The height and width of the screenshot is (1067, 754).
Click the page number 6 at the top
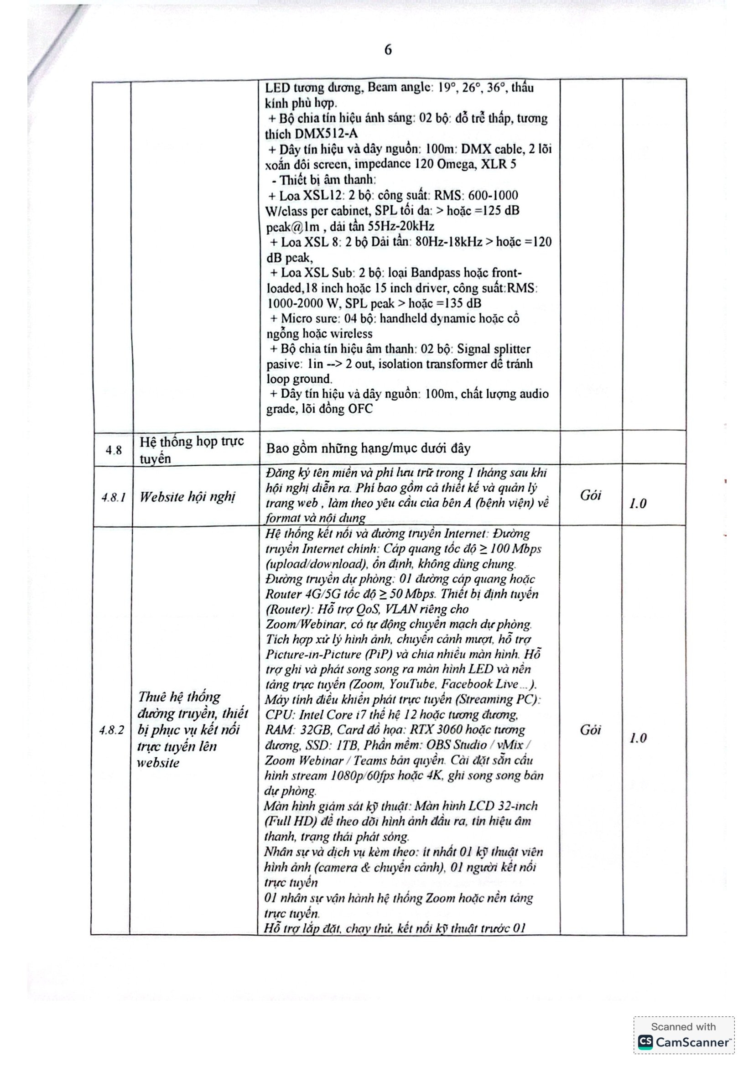coord(388,50)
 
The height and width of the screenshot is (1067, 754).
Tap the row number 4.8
coord(114,450)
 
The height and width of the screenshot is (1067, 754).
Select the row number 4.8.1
coord(114,497)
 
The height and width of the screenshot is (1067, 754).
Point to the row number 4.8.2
coord(111,730)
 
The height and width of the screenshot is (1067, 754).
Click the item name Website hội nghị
coord(187,497)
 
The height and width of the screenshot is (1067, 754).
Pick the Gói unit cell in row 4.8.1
coord(590,495)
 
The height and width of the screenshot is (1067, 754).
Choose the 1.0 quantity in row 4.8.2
coord(638,738)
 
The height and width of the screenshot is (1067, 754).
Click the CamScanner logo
coord(683,1042)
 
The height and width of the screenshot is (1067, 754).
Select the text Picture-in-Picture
coord(313,654)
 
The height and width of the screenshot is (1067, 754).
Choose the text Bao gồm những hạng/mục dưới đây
coord(368,448)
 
